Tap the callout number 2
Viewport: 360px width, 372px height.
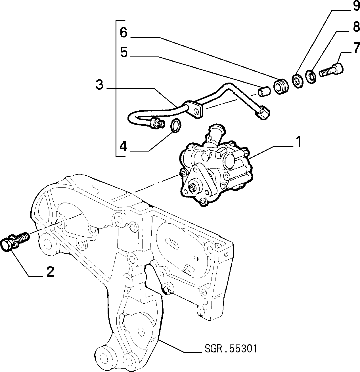tap(50, 272)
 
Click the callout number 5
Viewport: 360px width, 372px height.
tap(124, 52)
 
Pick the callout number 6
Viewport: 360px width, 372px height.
tap(124, 33)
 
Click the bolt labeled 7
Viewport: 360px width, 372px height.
tap(331, 71)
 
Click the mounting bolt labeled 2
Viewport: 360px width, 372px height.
tap(15, 241)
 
